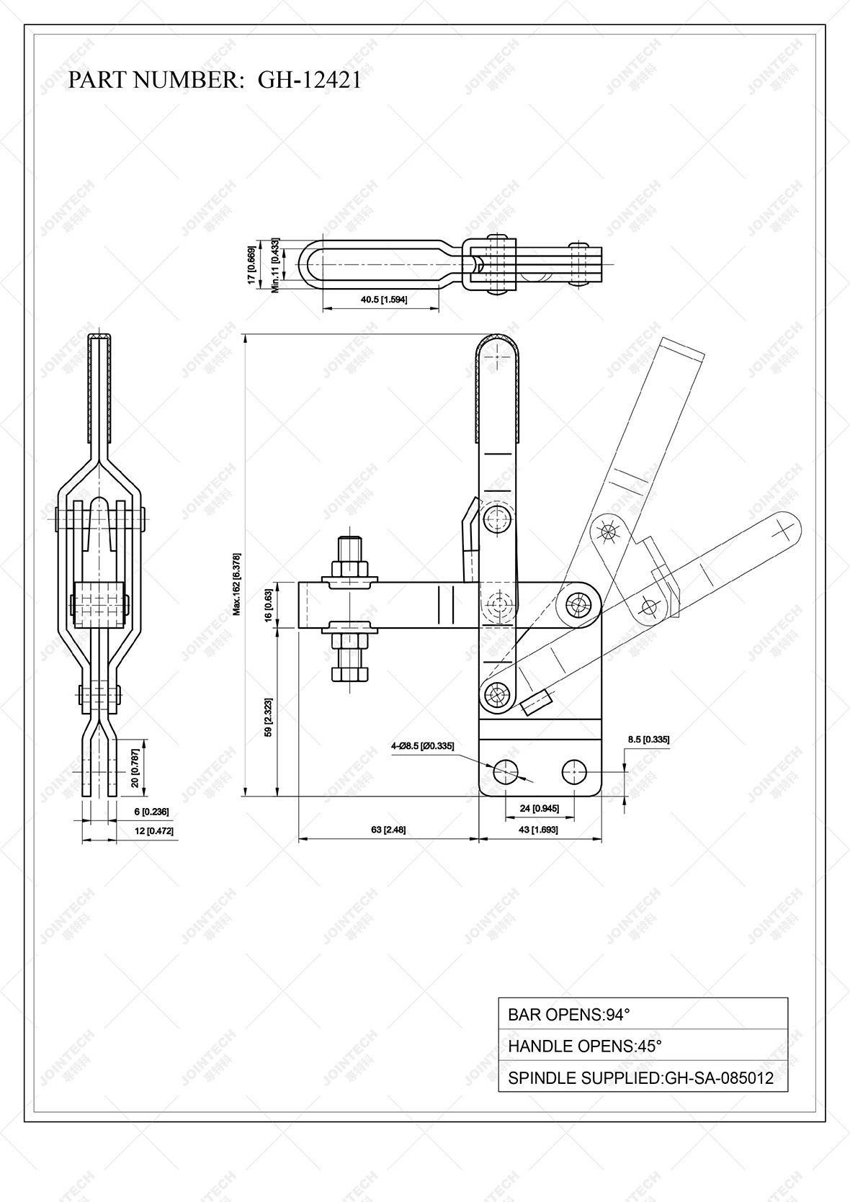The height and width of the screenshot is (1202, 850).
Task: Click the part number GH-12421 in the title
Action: click(x=310, y=80)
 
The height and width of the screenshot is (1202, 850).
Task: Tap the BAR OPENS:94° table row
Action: click(x=643, y=1015)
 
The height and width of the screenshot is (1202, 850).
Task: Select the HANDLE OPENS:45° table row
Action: click(x=643, y=1046)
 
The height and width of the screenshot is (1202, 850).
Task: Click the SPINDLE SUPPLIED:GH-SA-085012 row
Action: click(x=643, y=1078)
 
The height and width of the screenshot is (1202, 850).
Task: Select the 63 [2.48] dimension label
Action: click(x=388, y=830)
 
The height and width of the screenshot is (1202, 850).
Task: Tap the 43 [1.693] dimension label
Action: click(x=539, y=830)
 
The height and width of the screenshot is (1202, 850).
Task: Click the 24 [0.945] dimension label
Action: click(x=539, y=808)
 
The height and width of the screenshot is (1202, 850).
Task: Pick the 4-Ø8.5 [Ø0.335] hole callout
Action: click(x=423, y=746)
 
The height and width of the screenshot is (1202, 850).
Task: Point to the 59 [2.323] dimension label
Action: click(x=268, y=717)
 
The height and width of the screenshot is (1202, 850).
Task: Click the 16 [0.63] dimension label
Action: click(x=268, y=606)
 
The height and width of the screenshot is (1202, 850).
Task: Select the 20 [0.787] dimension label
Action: click(x=135, y=768)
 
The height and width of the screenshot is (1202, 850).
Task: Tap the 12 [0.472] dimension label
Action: click(x=153, y=831)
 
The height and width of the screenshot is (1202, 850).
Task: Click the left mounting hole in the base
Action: click(x=506, y=771)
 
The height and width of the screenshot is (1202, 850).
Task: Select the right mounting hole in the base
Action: click(x=574, y=771)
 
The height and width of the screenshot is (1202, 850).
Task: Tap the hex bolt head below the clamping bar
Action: click(x=349, y=674)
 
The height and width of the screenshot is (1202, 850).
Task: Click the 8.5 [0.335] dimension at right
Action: click(x=648, y=739)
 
